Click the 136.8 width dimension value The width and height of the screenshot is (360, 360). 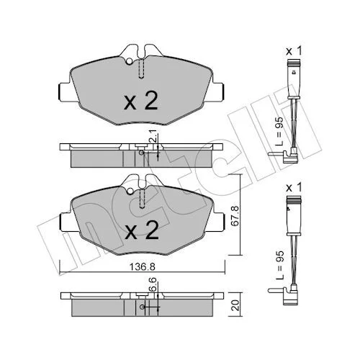(x=143, y=266)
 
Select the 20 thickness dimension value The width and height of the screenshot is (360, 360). (x=236, y=305)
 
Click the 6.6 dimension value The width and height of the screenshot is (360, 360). (x=153, y=284)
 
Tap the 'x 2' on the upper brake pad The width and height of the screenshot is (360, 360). (x=140, y=101)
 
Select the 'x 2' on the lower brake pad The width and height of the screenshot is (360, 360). (x=142, y=230)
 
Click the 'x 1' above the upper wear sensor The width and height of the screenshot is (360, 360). (x=294, y=51)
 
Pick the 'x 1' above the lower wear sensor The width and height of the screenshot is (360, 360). (x=294, y=188)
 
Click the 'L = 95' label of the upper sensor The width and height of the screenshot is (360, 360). (x=279, y=132)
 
